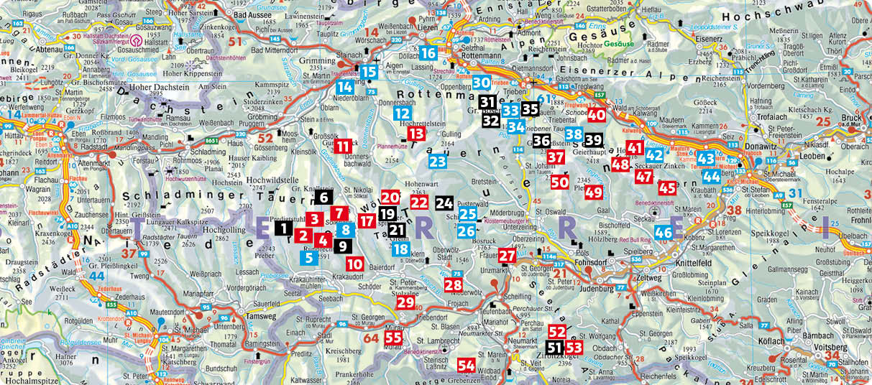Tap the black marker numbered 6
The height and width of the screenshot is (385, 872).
pyautogui.click(x=323, y=197)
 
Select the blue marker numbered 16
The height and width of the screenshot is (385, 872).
pyautogui.click(x=428, y=52)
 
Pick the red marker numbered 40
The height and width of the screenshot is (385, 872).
pyautogui.click(x=596, y=113)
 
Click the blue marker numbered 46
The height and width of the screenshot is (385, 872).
pyautogui.click(x=663, y=232)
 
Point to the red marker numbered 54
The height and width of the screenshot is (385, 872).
pyautogui.click(x=466, y=365)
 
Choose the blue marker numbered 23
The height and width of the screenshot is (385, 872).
pyautogui.click(x=437, y=161)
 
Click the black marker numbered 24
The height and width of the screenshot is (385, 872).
pyautogui.click(x=444, y=203)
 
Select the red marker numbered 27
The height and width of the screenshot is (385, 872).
pyautogui.click(x=507, y=255)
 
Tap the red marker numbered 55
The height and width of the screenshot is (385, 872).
pyautogui.click(x=393, y=338)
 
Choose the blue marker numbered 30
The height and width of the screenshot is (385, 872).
pyautogui.click(x=481, y=83)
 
